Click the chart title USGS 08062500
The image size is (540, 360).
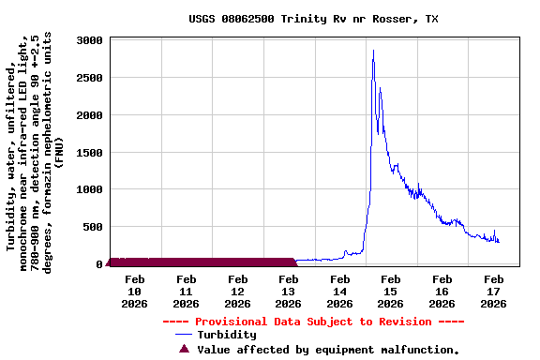point(313,19)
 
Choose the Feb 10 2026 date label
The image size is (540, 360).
point(135,291)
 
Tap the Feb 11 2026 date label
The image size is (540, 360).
point(187,291)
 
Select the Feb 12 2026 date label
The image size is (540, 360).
point(238,291)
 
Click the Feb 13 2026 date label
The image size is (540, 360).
point(289,291)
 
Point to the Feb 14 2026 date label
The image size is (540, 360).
point(340,291)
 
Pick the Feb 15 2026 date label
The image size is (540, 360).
point(392,291)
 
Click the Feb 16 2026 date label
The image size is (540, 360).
point(442,291)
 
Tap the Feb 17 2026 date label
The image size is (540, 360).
point(494,291)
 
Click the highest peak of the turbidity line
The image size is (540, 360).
point(373,51)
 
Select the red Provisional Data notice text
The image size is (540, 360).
point(313,322)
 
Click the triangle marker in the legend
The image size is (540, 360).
point(184,349)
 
